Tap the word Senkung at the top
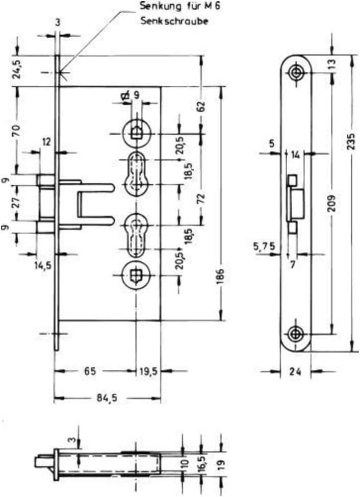158,7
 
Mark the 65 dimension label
90,372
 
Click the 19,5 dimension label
148,372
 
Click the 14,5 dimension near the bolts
43,265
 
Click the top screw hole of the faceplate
296,72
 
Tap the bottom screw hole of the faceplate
296,334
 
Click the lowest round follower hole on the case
136,276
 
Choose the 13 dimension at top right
333,64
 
